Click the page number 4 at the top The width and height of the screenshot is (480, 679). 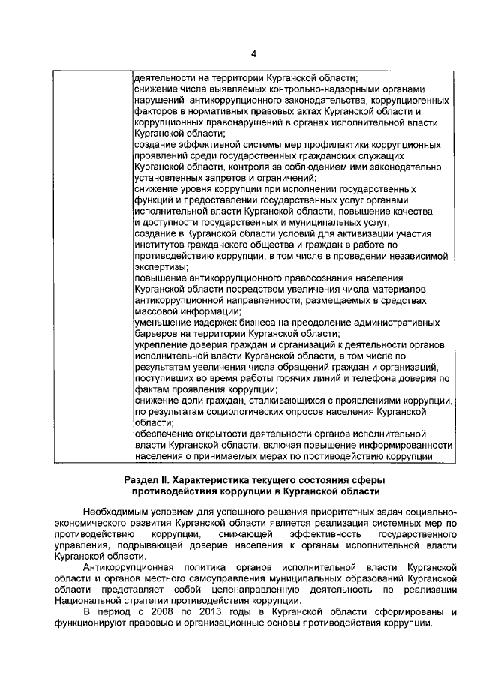253,53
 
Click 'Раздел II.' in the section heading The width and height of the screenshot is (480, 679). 149,479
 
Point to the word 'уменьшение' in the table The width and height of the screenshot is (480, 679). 162,323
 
